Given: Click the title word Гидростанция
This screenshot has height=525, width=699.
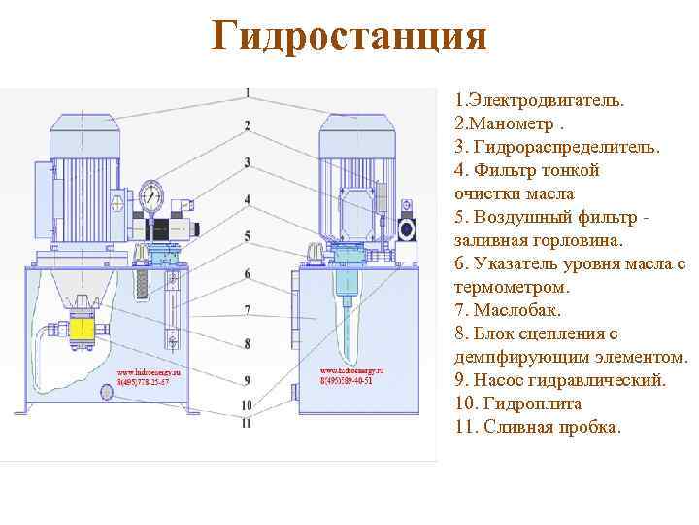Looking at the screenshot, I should point(349,38).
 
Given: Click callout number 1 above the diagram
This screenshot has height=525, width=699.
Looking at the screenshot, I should point(249,93).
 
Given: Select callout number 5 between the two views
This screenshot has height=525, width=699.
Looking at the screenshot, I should point(248,236).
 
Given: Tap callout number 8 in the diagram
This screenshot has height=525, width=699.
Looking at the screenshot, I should point(248,343).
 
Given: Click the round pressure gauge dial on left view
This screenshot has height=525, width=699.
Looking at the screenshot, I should point(150,195).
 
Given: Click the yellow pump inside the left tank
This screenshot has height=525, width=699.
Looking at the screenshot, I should point(81,330).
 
